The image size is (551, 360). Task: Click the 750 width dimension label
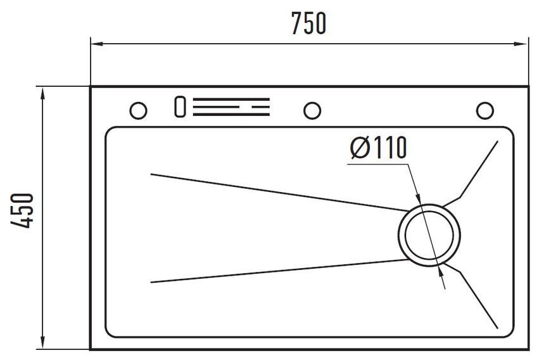click(309, 23)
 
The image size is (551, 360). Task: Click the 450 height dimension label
click(22, 210)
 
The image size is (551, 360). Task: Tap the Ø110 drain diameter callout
click(379, 148)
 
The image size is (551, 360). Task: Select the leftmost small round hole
click(138, 110)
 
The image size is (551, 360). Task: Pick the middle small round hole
click(312, 110)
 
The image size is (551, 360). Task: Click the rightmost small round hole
click(485, 110)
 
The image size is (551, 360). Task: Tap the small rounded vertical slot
click(180, 106)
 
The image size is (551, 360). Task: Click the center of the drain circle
click(429, 235)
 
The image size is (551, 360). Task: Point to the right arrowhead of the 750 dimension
click(521, 44)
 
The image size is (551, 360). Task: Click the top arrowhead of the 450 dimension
click(42, 94)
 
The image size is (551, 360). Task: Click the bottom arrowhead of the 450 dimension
click(42, 342)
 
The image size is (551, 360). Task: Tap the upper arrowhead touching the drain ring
click(418, 198)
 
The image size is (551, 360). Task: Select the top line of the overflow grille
click(231, 100)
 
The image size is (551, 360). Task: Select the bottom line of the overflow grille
click(231, 114)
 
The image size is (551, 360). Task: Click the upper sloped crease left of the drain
click(280, 193)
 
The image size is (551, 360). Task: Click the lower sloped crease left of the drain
click(280, 271)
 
